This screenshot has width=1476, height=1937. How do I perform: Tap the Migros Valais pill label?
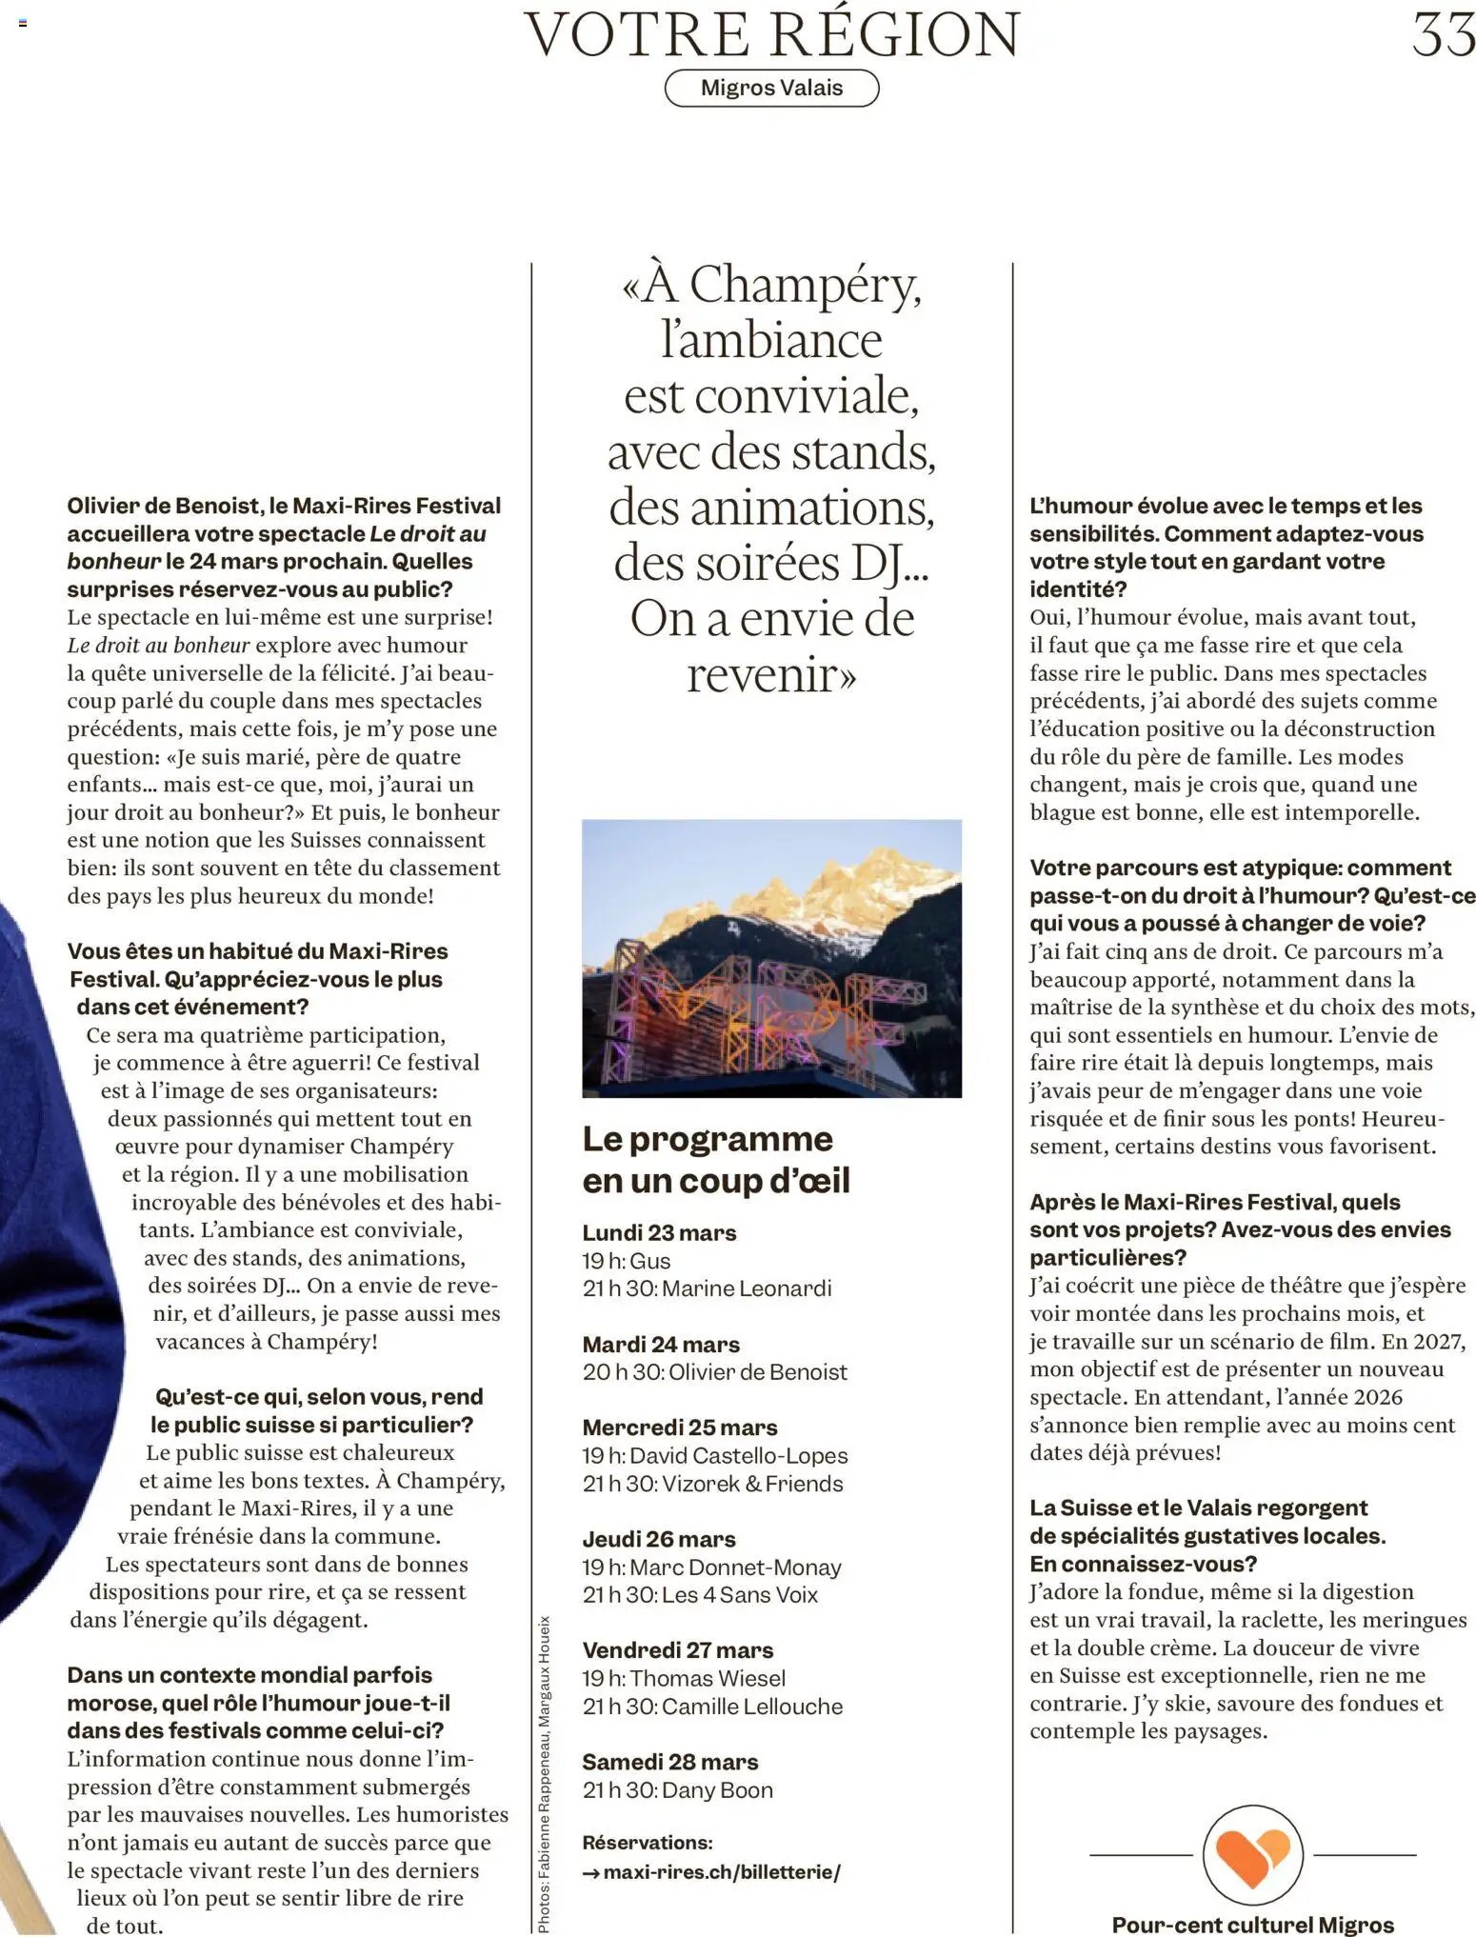click(x=771, y=88)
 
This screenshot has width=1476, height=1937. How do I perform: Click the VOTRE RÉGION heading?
click(x=772, y=34)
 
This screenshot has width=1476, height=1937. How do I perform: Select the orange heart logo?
click(x=1253, y=1854)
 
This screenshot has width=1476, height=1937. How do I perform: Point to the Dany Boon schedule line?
click(x=677, y=1789)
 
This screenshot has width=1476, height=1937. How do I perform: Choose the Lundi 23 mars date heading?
click(x=659, y=1232)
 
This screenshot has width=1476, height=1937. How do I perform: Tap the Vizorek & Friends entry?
click(x=712, y=1483)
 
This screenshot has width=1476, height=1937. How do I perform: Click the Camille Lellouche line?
click(x=712, y=1706)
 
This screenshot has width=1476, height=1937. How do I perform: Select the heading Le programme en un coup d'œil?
click(x=715, y=1159)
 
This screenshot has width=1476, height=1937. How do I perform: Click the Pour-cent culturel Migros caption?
click(x=1252, y=1925)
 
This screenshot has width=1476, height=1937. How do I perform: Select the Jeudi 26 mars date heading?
click(x=658, y=1539)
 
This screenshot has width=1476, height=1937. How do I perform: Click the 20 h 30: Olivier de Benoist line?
click(x=714, y=1371)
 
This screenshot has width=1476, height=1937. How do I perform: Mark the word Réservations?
click(x=647, y=1843)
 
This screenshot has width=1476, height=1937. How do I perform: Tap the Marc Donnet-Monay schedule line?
click(x=711, y=1567)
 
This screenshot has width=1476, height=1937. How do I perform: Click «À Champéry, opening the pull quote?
click(x=771, y=284)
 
